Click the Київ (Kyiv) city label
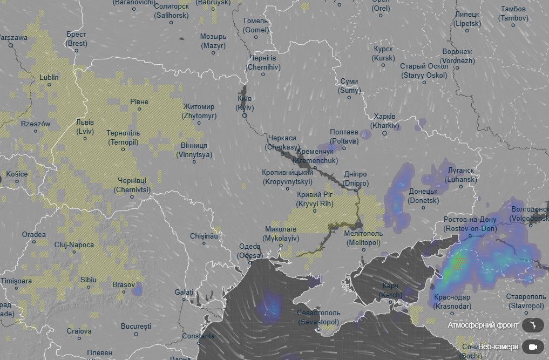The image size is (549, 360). point(245,104)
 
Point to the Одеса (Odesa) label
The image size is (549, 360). point(250,251)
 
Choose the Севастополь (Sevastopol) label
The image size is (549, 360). point(318,317)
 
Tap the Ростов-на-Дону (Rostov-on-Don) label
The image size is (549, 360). point(470,224)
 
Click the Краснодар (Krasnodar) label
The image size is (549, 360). point(452,302)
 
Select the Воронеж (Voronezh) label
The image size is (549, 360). point(458,56)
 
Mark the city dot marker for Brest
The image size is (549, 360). point(77,51)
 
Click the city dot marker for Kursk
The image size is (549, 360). point(383,65)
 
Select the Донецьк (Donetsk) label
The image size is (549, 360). point(423,195)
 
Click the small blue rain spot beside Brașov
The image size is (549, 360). point(137,290)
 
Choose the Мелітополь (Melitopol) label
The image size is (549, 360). point(363,238)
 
